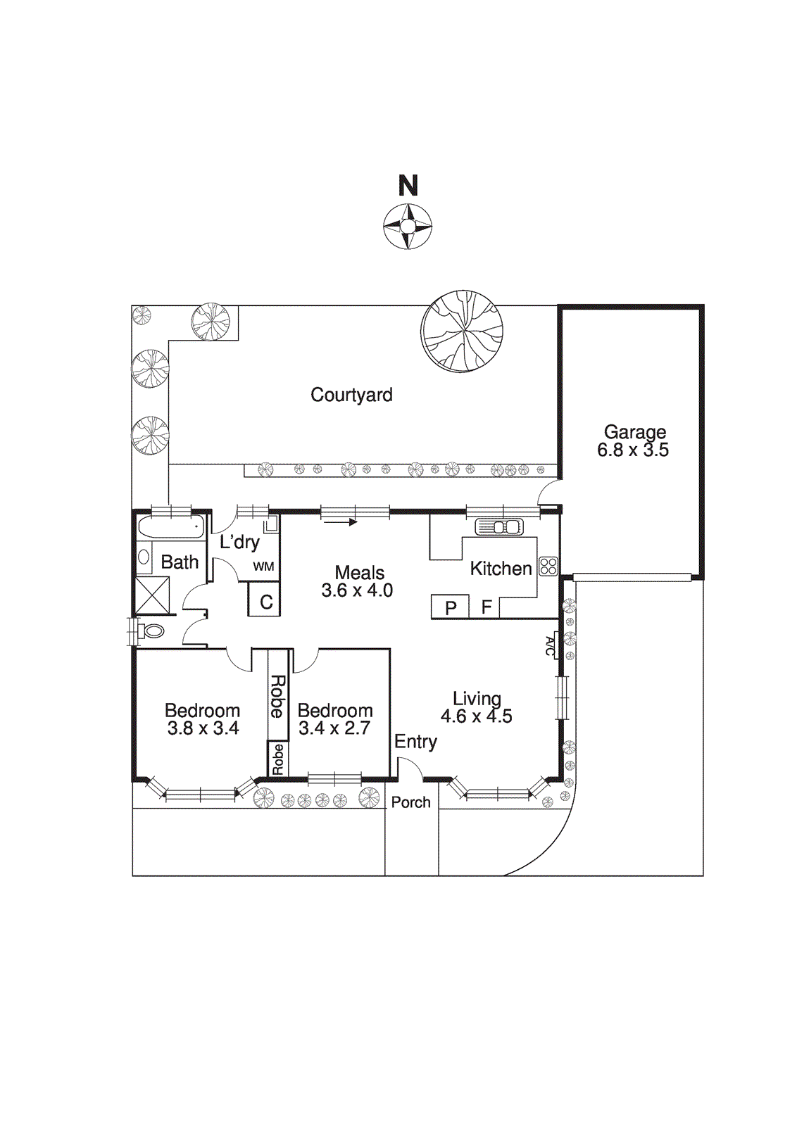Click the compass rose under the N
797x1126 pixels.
[408, 226]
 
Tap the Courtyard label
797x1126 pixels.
[351, 395]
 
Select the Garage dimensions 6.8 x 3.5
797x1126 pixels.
[633, 450]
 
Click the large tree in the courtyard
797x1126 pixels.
[462, 331]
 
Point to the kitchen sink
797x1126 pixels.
[498, 526]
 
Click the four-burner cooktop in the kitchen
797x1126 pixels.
[548, 566]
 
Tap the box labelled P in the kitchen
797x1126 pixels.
[451, 607]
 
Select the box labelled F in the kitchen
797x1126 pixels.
[486, 607]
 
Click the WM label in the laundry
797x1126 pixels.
[263, 567]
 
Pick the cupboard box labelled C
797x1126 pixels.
[265, 602]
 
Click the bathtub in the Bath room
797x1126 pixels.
[170, 527]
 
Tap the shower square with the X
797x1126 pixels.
[152, 595]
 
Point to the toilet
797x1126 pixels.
[151, 631]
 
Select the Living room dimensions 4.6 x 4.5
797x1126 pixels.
[477, 716]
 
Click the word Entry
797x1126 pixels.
[415, 742]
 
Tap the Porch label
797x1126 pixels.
[410, 802]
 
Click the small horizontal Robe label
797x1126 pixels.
[278, 759]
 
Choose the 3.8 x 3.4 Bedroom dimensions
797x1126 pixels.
[203, 728]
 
